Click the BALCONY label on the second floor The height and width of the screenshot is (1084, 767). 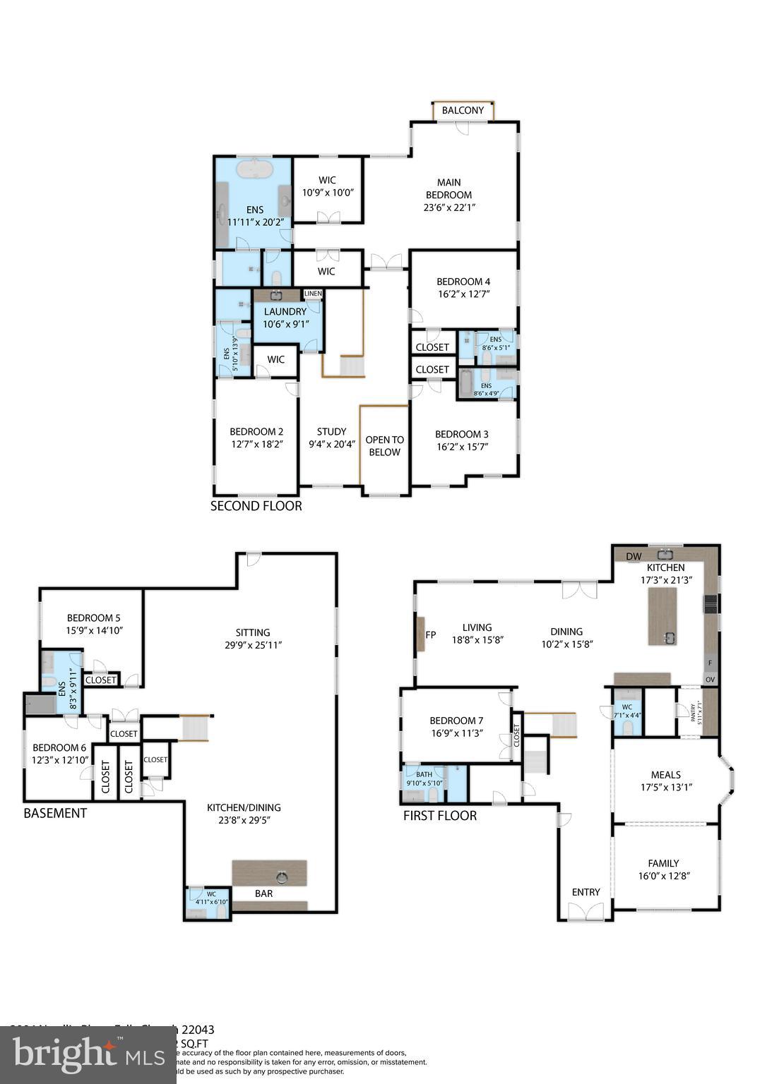tap(463, 111)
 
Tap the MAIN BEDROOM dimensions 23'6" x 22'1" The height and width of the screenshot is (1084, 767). tap(449, 207)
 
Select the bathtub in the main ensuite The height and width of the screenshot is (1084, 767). tap(254, 170)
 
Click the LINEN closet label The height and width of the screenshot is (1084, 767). tap(313, 294)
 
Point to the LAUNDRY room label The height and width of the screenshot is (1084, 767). tap(285, 312)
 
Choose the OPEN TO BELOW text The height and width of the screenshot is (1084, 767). tap(384, 446)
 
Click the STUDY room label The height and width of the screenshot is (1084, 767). tap(331, 432)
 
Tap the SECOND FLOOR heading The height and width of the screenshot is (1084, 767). tap(256, 506)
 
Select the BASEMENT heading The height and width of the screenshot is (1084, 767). tap(55, 813)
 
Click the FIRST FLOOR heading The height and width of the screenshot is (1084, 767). tap(439, 816)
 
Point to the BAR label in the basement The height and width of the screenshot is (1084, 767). tap(263, 893)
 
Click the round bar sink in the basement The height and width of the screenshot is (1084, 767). tap(282, 877)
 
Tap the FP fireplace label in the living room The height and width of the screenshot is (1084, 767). tap(430, 634)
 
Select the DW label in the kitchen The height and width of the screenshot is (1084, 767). tap(634, 557)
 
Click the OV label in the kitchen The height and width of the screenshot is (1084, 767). tap(710, 680)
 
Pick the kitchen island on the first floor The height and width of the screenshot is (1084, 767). tap(662, 616)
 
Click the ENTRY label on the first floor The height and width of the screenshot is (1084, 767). tap(585, 892)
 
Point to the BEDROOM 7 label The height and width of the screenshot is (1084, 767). tap(456, 721)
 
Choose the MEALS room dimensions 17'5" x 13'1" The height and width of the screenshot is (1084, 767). tap(666, 788)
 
